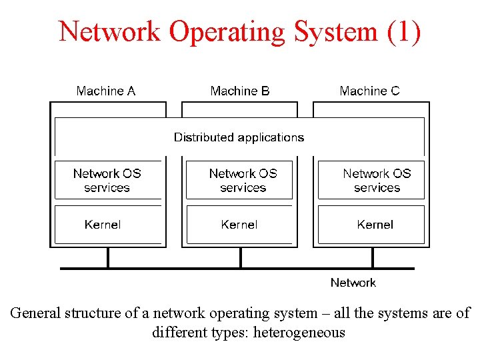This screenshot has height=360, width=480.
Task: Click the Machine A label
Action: point(106,91)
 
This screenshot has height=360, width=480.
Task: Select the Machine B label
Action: point(240,91)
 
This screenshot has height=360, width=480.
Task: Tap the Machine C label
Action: point(369,91)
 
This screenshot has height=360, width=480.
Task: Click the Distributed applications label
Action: point(239,137)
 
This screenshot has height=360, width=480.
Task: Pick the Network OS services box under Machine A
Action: point(107,180)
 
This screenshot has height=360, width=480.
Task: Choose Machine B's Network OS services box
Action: point(240,180)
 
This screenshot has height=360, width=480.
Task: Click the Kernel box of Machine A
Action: point(107,225)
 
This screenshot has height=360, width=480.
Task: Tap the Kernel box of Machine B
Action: point(240,225)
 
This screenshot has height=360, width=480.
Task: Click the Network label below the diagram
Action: point(353,283)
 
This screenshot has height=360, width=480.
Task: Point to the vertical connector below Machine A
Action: point(107,258)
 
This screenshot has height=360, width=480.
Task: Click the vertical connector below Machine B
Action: point(239,258)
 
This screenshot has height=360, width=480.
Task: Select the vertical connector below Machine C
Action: point(372,258)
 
